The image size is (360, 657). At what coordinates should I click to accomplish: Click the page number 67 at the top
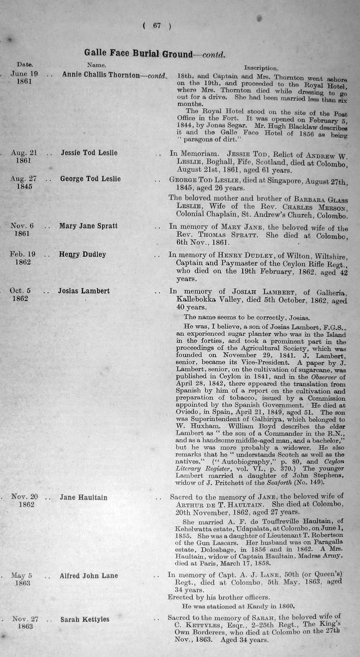coord(156,26)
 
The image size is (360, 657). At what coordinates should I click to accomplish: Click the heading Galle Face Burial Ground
coord(138,53)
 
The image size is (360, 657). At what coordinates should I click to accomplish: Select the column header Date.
coord(25,65)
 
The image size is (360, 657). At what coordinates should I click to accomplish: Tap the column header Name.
coord(96,65)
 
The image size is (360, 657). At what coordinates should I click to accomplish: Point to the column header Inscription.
coord(261,68)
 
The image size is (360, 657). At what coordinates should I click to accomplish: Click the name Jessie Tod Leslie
coord(89,153)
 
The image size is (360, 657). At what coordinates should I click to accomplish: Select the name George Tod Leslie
coord(90,179)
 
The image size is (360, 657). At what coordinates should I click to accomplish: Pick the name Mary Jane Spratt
coord(88,226)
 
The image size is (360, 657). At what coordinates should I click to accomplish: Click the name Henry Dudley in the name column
coord(82,254)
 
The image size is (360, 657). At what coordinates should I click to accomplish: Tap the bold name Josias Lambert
coord(83,291)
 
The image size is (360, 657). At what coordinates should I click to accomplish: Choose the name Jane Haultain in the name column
coord(83,497)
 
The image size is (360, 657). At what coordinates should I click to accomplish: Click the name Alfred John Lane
coord(88,576)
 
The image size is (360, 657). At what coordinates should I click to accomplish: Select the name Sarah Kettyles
coord(85,619)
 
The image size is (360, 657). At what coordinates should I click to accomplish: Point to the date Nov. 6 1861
coord(22,230)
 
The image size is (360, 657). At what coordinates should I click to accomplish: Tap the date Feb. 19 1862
coord(23,258)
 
